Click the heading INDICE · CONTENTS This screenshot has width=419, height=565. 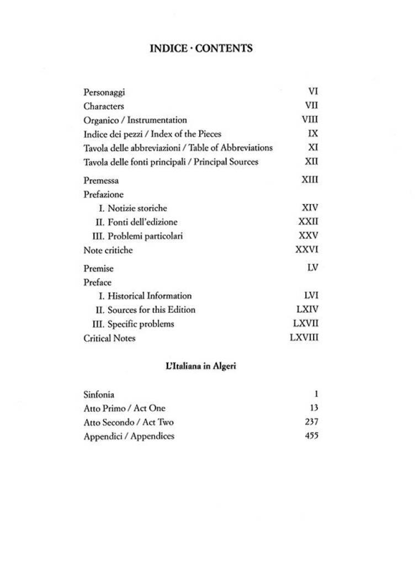coord(201,49)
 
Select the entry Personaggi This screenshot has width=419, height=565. coord(104,93)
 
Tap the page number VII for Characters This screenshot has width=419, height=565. coord(311,106)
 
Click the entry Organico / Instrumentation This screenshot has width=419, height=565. coord(135,120)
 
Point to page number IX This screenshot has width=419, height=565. coord(312,134)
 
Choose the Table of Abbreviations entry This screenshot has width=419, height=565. coord(178,148)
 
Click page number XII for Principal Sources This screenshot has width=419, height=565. coord(311,162)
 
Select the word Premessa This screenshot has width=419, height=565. coord(101,180)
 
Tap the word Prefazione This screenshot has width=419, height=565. coord(104,194)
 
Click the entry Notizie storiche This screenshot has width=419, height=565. coord(132,209)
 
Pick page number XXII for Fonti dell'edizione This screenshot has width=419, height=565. coord(308,222)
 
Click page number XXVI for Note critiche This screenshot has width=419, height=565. coord(307,250)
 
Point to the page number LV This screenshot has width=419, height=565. coord(312,268)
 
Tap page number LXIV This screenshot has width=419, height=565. coord(307,310)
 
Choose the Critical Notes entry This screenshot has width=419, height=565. coord(109,338)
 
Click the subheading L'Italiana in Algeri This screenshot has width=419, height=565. coord(201,366)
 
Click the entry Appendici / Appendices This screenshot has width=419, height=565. coord(129,436)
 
